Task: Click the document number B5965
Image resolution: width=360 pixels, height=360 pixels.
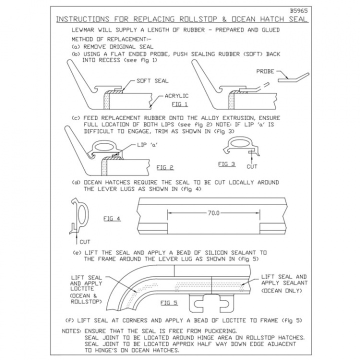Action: click(x=298, y=10)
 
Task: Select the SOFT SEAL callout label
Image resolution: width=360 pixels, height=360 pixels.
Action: click(x=152, y=80)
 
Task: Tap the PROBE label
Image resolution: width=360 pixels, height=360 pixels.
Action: click(x=265, y=71)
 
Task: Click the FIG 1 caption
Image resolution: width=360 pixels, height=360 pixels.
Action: click(x=179, y=104)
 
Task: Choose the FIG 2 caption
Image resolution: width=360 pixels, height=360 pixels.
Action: click(x=164, y=167)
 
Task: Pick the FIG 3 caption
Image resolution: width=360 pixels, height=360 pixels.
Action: click(x=226, y=163)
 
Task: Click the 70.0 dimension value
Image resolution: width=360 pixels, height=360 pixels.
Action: click(x=213, y=213)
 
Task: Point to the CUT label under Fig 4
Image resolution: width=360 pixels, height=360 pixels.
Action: click(x=85, y=241)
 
